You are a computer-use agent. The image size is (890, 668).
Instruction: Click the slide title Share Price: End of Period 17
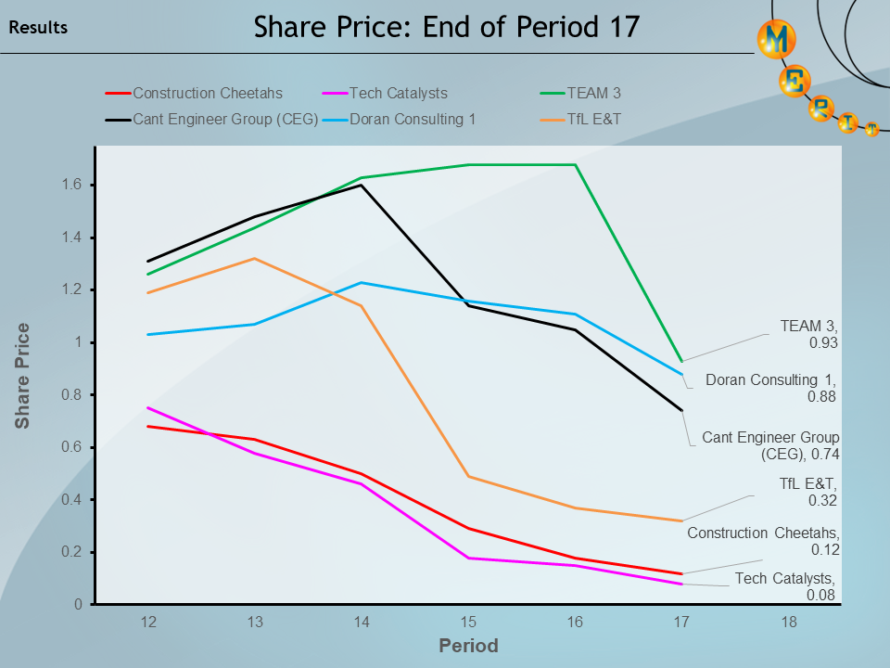tap(447, 26)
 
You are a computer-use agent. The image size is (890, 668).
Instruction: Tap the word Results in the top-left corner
tap(38, 28)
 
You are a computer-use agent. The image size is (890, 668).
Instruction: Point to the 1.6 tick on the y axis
tap(72, 186)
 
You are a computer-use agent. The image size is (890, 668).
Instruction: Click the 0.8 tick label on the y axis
tap(72, 395)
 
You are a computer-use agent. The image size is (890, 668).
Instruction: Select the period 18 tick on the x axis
tap(788, 623)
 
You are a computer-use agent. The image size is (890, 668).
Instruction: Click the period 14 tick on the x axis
tap(362, 623)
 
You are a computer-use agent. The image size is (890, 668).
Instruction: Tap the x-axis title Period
tap(468, 646)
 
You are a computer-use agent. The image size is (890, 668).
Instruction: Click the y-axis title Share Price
tap(22, 376)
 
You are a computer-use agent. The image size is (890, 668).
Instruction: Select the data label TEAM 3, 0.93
tap(809, 334)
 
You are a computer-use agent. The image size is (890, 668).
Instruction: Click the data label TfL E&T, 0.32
tap(809, 492)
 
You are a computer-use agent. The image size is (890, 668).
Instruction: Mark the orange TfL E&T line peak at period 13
tap(254, 259)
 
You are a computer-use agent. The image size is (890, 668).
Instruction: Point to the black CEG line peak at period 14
tap(362, 186)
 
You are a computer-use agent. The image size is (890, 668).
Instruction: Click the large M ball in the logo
tap(776, 39)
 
